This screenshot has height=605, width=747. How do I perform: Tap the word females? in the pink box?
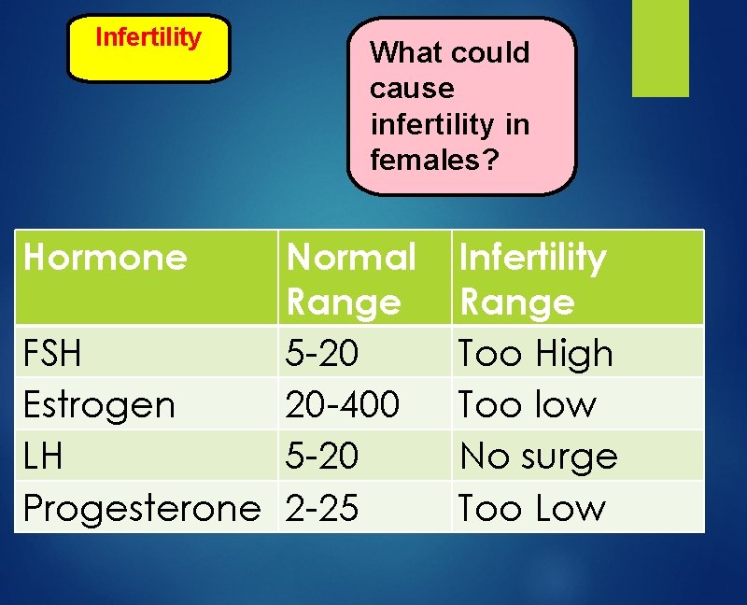click(434, 160)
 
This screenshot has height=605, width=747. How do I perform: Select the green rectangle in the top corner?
click(660, 49)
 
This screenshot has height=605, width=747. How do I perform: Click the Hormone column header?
click(105, 257)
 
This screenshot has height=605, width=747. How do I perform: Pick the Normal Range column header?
click(351, 278)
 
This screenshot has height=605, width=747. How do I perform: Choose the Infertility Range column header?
click(532, 278)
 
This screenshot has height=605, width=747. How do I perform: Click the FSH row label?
click(52, 354)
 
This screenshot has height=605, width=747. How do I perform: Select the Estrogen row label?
click(99, 405)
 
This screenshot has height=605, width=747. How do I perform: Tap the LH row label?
click(43, 457)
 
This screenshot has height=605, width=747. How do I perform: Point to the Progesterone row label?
click(142, 508)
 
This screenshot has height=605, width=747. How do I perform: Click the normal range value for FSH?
click(322, 354)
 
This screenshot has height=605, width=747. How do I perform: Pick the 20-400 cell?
click(343, 405)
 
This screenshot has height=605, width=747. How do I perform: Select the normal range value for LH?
click(322, 457)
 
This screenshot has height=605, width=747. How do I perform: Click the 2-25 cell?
click(322, 508)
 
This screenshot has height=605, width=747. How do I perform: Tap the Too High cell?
click(535, 354)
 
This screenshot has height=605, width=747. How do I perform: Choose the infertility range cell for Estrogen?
click(527, 405)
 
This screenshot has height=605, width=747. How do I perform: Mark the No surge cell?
click(539, 457)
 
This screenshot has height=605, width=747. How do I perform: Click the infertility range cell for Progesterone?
click(531, 508)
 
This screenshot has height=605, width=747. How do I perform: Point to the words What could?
click(449, 53)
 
